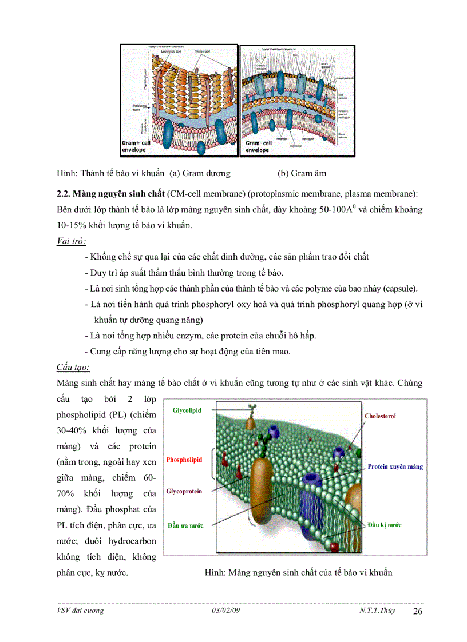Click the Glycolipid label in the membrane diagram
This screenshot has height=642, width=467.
click(187, 410)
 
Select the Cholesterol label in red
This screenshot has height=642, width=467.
click(380, 416)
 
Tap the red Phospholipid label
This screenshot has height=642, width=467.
click(184, 460)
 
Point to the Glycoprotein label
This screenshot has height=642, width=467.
click(184, 492)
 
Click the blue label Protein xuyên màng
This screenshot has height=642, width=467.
click(395, 467)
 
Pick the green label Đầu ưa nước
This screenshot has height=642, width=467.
click(185, 525)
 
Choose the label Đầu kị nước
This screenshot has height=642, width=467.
click(384, 525)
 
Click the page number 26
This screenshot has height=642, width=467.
click(418, 612)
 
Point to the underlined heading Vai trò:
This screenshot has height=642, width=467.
click(72, 241)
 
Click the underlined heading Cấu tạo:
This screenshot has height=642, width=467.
click(73, 366)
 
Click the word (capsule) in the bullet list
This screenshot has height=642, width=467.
click(401, 288)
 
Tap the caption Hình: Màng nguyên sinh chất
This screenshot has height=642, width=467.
click(298, 572)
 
